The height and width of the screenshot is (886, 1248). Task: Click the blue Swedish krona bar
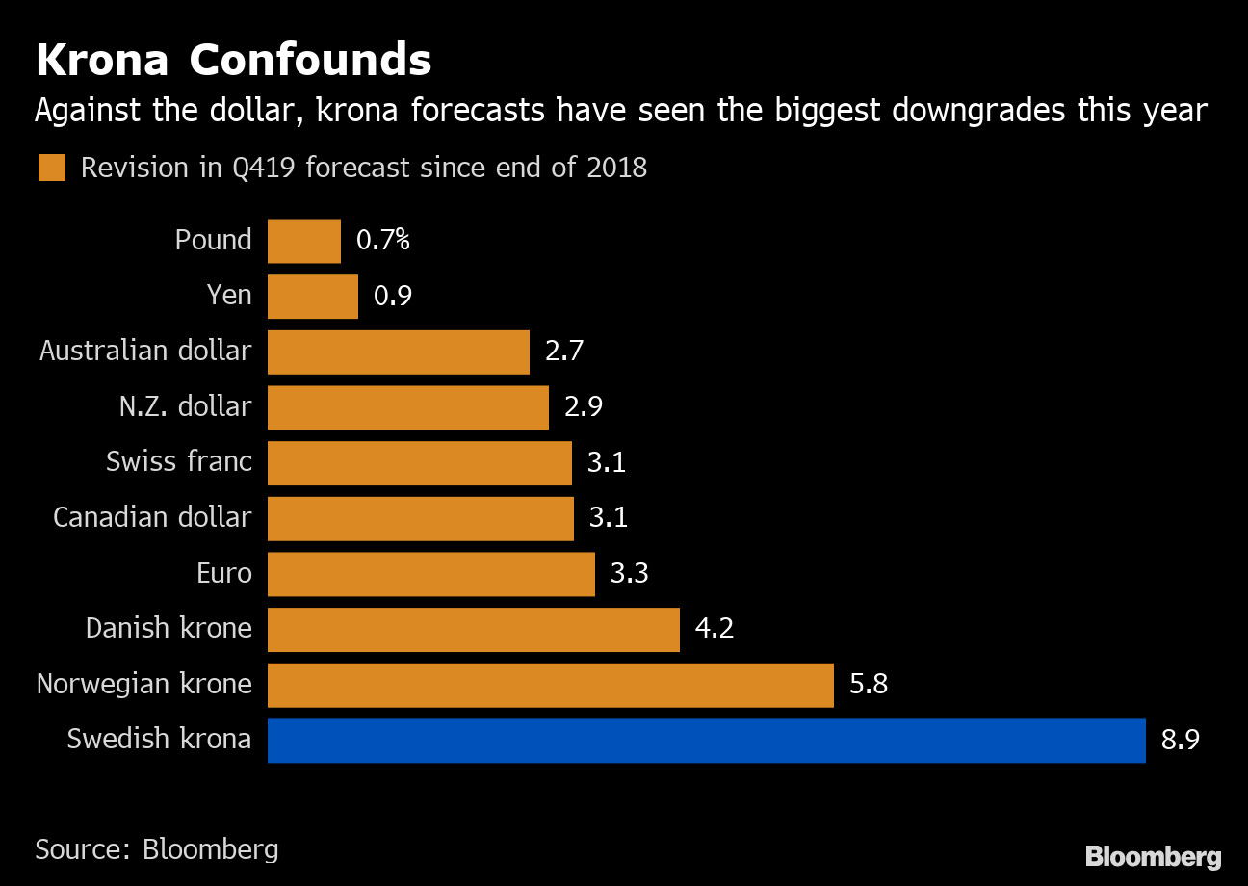[x=706, y=741]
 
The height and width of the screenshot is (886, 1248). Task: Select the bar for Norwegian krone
[x=550, y=685]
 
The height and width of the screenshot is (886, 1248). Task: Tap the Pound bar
[x=303, y=241]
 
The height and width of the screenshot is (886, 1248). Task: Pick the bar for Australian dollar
[x=398, y=352]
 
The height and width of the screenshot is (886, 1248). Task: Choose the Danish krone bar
[x=473, y=629]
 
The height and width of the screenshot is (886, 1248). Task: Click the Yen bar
[x=312, y=296]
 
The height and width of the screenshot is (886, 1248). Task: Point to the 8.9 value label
[x=1181, y=741]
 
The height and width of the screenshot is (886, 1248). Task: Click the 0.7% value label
[x=382, y=241]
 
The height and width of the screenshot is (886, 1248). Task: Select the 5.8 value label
[x=869, y=685]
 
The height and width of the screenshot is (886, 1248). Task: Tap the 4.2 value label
[x=715, y=629]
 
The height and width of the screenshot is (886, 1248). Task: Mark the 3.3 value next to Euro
[x=630, y=574]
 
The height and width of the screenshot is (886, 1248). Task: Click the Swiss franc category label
[x=179, y=462]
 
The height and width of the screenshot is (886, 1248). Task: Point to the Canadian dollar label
[x=152, y=518]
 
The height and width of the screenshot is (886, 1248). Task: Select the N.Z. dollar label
[x=185, y=407]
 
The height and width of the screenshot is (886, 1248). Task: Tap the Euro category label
[x=223, y=574]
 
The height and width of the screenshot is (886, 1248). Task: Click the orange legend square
[x=51, y=168]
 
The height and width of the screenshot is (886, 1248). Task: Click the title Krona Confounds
[x=233, y=61]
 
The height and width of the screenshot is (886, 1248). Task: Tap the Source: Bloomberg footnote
[x=157, y=849]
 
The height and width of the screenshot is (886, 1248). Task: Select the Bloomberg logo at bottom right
[x=1153, y=856]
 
